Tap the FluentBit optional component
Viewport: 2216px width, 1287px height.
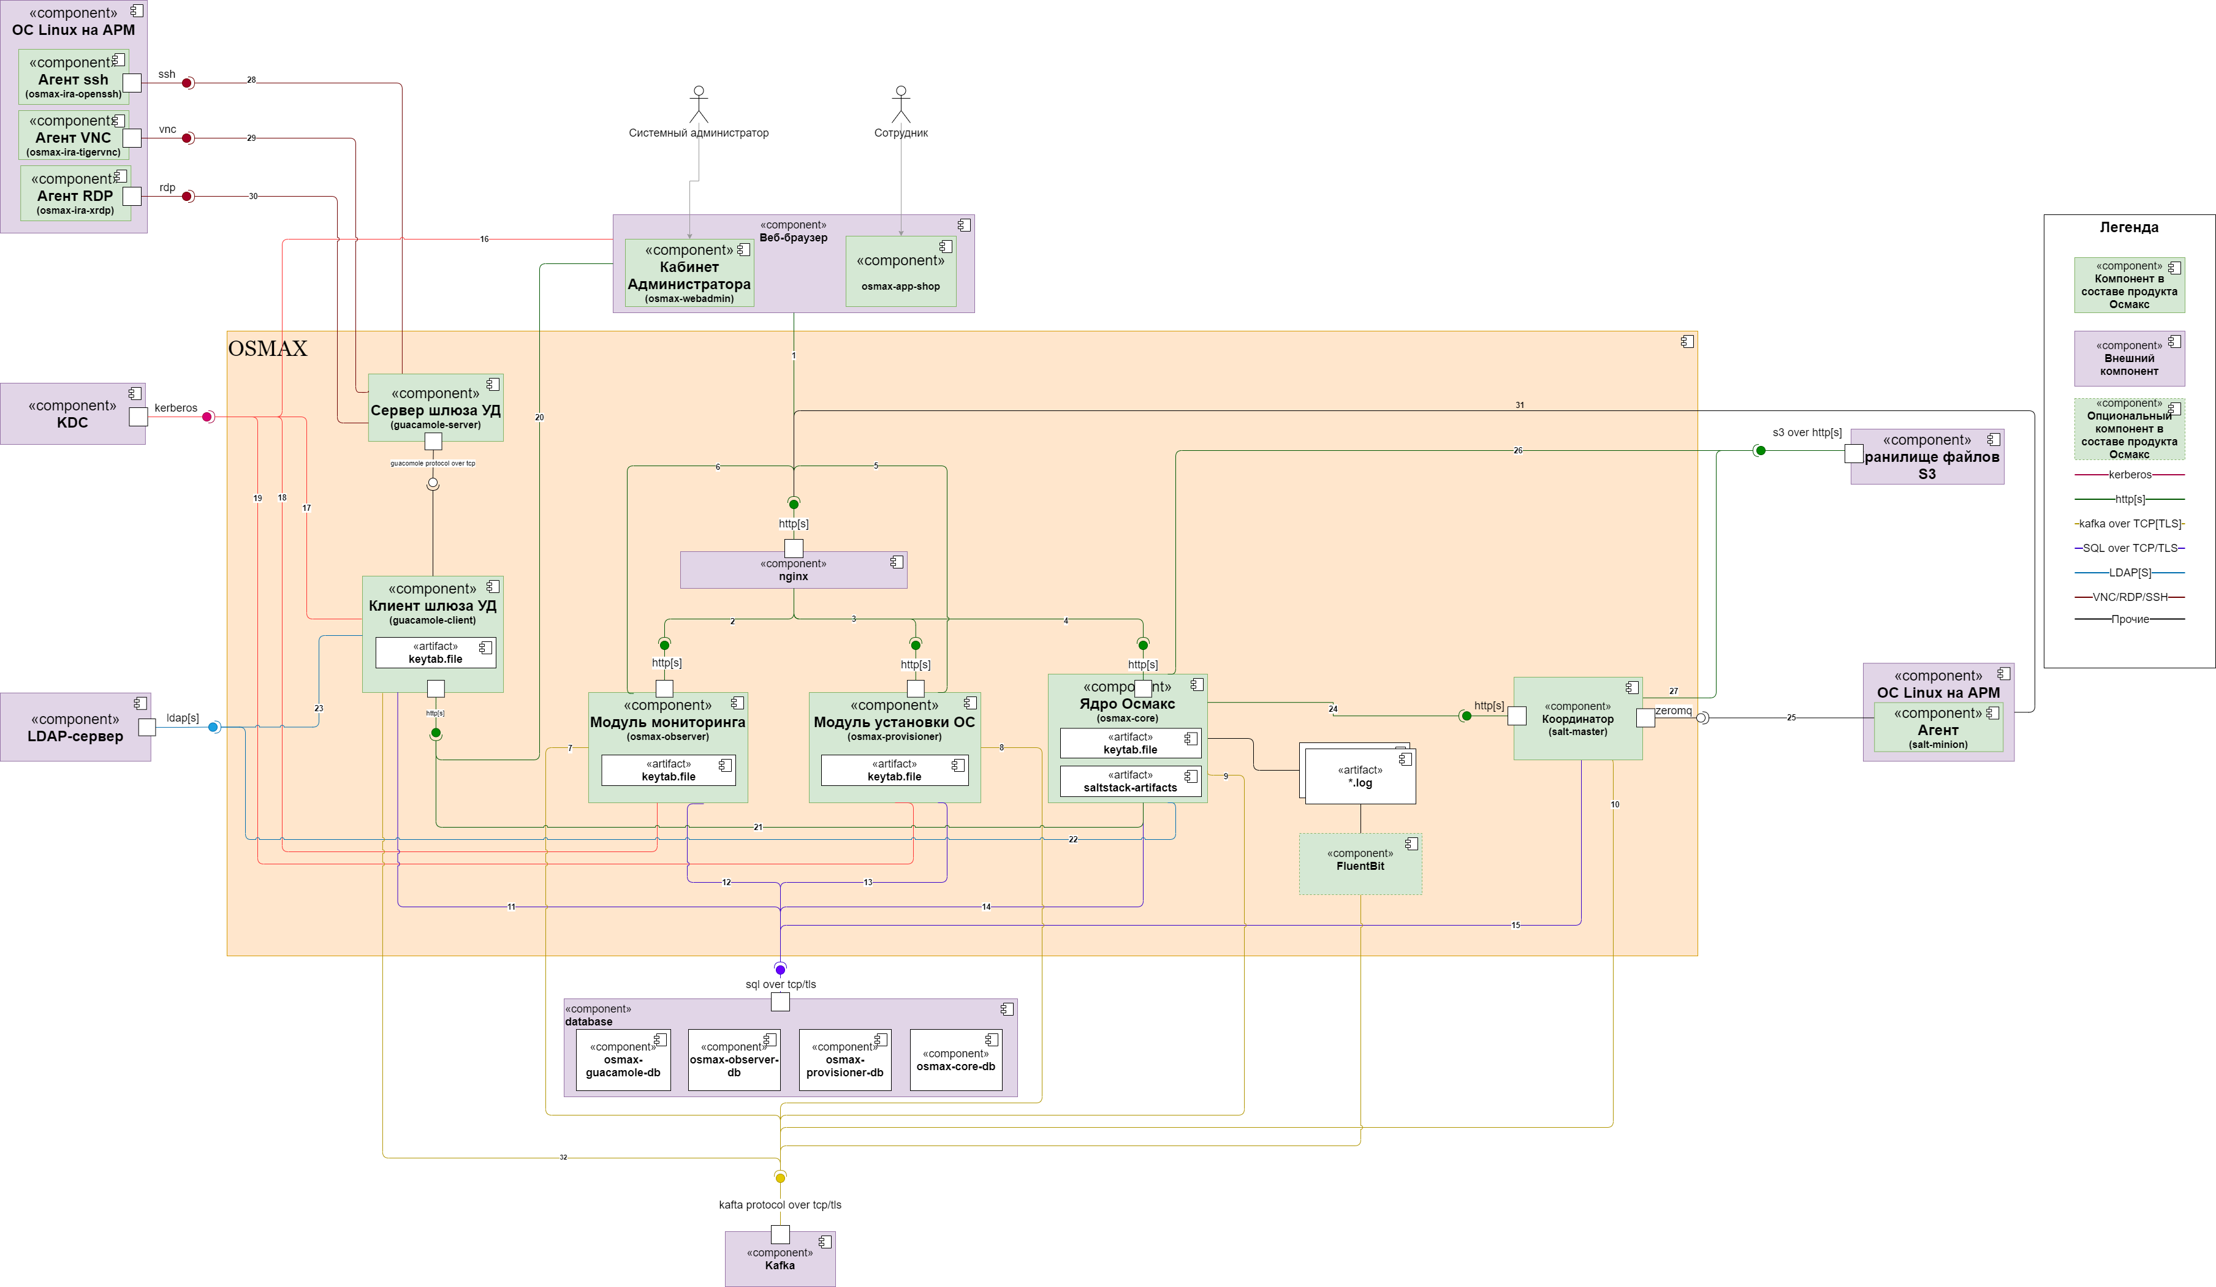(x=1360, y=863)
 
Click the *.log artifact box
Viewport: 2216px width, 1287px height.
(x=1360, y=777)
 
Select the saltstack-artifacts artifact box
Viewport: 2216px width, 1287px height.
(x=1130, y=782)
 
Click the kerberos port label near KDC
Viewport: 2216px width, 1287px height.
(x=176, y=408)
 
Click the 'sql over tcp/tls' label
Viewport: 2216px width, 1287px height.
(x=781, y=984)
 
